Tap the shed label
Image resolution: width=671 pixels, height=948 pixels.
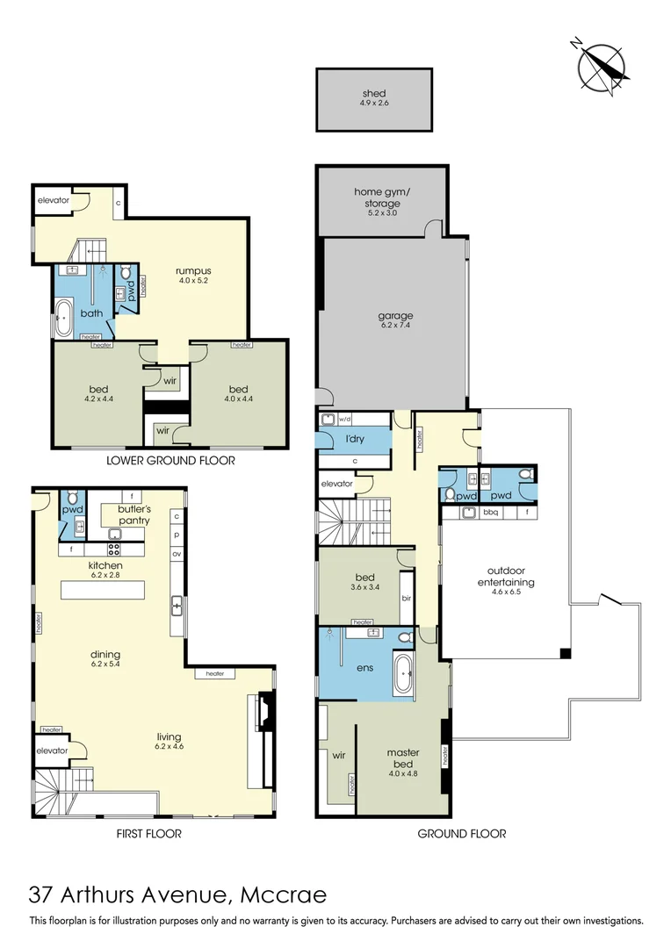pyautogui.click(x=373, y=93)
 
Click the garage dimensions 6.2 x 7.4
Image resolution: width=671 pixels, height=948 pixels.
pyautogui.click(x=396, y=326)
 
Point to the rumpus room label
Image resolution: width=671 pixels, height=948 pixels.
pyautogui.click(x=193, y=270)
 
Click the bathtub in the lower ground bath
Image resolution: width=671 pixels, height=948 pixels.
pyautogui.click(x=65, y=318)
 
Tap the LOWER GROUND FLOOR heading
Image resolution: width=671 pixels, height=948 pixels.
pyautogui.click(x=170, y=460)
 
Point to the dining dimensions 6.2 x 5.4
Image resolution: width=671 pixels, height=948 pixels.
pyautogui.click(x=105, y=664)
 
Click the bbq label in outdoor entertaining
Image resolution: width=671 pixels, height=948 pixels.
pyautogui.click(x=491, y=511)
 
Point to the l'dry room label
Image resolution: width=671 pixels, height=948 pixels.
pyautogui.click(x=354, y=439)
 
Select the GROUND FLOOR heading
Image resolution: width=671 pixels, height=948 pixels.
pyautogui.click(x=462, y=834)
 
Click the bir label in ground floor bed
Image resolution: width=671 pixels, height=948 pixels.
pyautogui.click(x=406, y=597)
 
